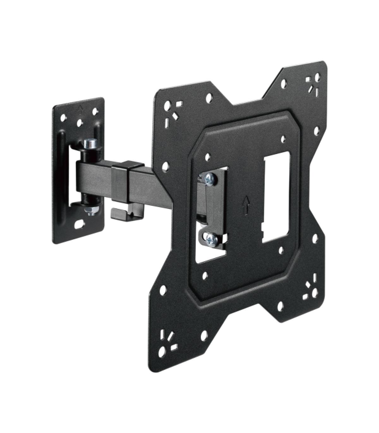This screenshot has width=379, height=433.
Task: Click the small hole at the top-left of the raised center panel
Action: [x=207, y=156]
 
